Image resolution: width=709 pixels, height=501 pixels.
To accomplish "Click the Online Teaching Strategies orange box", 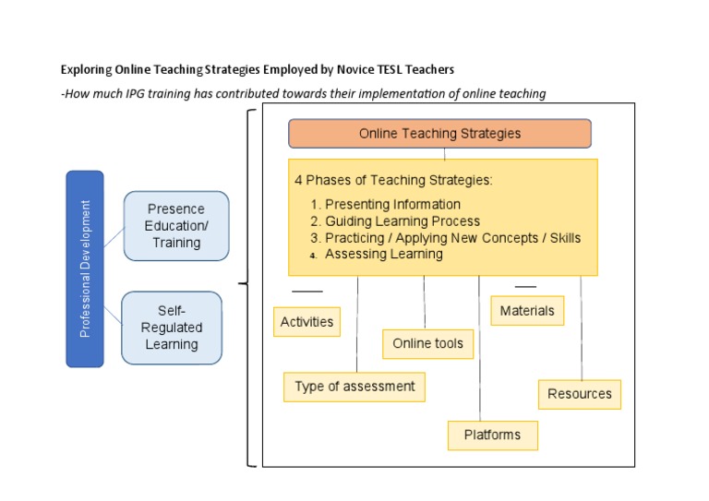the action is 439,134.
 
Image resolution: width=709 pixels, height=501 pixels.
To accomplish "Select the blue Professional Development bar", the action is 85,268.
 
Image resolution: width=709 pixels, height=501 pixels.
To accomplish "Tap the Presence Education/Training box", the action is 176,226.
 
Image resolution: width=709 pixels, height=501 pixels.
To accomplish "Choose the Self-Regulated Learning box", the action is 172,328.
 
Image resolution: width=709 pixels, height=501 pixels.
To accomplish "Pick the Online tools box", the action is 427,344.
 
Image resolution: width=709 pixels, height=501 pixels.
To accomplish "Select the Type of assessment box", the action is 354,387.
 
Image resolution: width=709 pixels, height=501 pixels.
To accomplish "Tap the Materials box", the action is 527,311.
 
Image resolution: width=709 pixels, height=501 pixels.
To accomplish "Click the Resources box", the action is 580,394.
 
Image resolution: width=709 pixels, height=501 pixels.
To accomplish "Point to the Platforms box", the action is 492,435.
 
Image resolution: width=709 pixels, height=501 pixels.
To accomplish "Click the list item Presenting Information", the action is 392,205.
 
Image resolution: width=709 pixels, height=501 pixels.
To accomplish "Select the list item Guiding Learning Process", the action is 403,221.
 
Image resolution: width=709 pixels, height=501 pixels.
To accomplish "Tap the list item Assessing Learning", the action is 383,254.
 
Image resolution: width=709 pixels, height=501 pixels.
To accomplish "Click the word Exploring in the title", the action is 86,70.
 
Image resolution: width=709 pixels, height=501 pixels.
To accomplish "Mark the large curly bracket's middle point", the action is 242,284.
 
